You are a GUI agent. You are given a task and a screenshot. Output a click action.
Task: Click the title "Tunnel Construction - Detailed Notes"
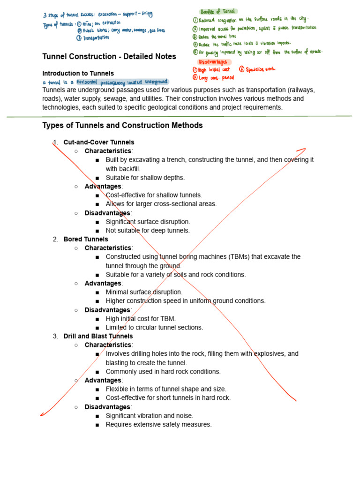pos(109,57)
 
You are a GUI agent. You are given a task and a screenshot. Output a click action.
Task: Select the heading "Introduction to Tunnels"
pos(78,74)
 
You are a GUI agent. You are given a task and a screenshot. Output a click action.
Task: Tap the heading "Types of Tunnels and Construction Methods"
pos(122,126)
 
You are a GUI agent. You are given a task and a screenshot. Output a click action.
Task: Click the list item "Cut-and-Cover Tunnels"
pos(99,142)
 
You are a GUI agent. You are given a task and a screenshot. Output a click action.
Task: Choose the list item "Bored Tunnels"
pos(86,239)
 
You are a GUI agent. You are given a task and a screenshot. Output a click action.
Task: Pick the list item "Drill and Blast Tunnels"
pos(98,336)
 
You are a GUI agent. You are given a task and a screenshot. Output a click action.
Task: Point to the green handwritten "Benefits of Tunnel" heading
pos(218,11)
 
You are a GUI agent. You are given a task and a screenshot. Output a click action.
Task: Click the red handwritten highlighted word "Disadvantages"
pos(213,61)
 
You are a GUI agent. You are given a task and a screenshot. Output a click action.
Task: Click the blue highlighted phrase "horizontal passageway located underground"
pos(123,82)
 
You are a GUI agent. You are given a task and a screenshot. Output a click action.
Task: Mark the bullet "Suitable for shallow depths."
pos(145,178)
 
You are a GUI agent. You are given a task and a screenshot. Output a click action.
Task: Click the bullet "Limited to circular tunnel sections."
pos(154,328)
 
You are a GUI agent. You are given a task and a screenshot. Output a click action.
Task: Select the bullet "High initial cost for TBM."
pos(141,319)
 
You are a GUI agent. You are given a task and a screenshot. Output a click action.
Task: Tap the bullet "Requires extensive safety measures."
pos(158,425)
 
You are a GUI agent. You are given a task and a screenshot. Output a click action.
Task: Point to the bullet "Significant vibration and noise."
pos(149,416)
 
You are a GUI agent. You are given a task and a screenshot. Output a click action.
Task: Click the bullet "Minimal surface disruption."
pos(144,292)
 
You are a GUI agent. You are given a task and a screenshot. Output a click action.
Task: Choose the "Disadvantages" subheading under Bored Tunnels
pos(107,310)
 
